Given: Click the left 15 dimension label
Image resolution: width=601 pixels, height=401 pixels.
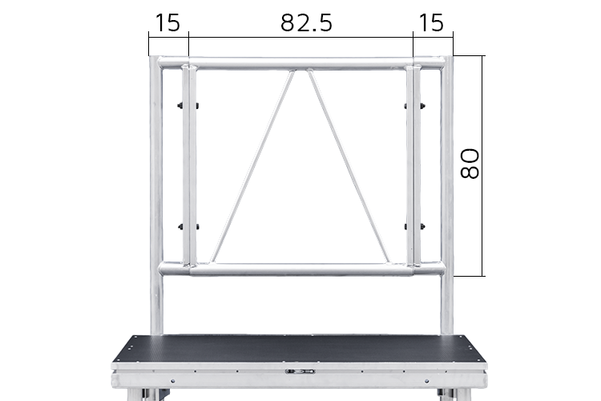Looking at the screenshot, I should [167, 22].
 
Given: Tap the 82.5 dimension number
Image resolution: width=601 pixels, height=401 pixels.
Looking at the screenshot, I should [306, 22].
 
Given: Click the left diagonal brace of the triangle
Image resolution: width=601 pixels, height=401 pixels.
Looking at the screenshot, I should [252, 166].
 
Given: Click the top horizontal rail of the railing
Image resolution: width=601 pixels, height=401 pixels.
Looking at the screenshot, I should [301, 63].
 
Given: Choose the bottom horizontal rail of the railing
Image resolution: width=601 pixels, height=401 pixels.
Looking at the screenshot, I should [301, 269].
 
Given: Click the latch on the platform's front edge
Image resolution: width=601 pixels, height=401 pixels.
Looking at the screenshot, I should [301, 371].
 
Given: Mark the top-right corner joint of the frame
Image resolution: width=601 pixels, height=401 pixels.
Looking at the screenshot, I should [446, 62].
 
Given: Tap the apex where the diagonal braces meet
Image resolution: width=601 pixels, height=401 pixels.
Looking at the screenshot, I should [301, 71].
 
